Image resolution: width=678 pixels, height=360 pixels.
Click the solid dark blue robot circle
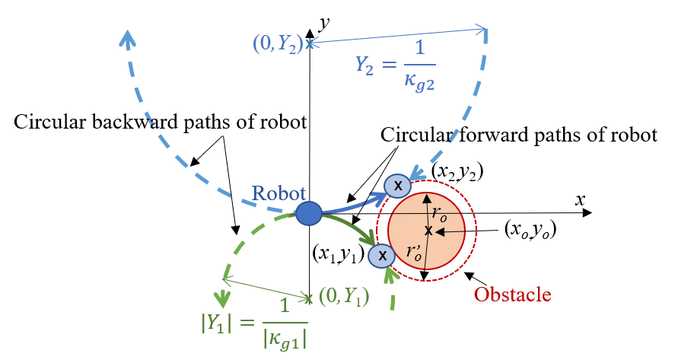309,214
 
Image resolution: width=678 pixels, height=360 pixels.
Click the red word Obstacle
512,295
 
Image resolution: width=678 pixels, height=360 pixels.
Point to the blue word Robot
279,193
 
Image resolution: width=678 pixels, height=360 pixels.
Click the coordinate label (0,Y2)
278,43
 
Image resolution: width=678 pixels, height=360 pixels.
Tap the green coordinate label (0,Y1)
344,298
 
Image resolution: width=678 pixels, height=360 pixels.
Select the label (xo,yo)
530,230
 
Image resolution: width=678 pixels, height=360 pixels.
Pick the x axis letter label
580,200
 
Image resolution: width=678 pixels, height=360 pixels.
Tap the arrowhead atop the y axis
309,33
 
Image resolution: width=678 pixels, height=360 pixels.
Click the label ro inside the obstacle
439,213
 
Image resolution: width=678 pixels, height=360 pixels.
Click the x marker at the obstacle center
428,231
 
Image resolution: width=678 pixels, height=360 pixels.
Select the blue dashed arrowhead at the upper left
128,37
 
